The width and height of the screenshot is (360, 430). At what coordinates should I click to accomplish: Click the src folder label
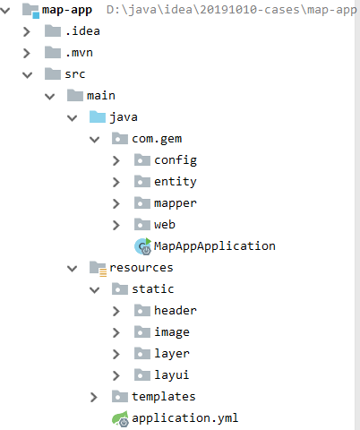point(75,74)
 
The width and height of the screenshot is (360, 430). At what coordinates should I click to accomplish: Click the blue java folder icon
point(97,117)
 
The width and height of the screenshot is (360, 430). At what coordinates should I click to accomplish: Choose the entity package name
point(175,182)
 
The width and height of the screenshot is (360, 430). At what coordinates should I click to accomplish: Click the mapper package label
point(175,203)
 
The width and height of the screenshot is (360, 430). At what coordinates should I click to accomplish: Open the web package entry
point(164,224)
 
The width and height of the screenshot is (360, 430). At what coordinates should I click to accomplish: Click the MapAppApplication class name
point(214,245)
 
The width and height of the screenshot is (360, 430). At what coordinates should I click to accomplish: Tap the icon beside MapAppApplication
point(141,245)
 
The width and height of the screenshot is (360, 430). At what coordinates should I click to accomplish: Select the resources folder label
point(141,267)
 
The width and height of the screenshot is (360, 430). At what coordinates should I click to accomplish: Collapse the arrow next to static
point(95,289)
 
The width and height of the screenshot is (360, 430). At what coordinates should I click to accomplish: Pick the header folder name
point(175,310)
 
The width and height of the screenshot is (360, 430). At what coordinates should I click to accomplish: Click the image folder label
point(171,331)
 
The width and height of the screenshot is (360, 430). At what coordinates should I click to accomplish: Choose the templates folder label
point(163,396)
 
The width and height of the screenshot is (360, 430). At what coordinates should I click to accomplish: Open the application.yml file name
point(184,417)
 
